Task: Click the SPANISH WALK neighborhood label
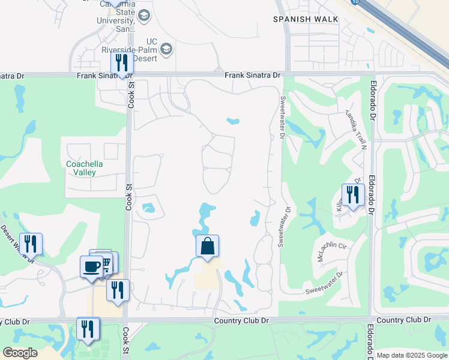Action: tap(306, 19)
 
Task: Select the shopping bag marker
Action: tap(207, 246)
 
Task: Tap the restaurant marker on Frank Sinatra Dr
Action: tap(122, 63)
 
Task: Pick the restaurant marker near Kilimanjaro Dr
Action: tap(352, 195)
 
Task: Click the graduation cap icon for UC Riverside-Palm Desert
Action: tap(166, 48)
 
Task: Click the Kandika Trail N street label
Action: tap(355, 127)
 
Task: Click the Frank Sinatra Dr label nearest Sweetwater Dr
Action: tap(253, 75)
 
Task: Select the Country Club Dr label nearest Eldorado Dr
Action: tap(405, 320)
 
